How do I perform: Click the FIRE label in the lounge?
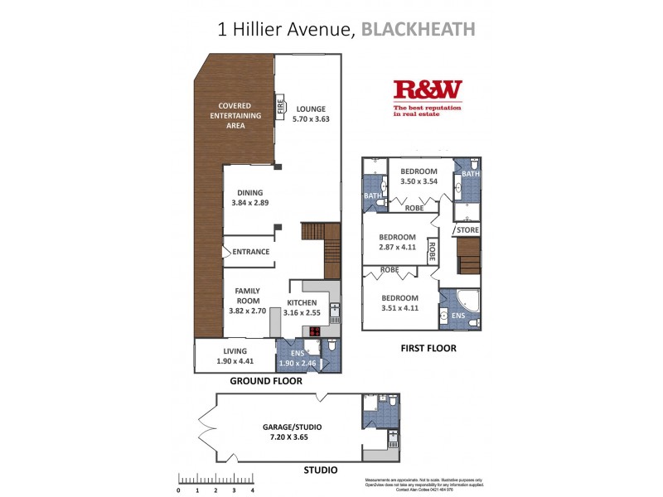[x=280, y=107]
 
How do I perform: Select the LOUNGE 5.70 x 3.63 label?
[x=311, y=114]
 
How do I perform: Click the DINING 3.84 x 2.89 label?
[x=249, y=196]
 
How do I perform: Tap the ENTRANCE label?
[x=251, y=252]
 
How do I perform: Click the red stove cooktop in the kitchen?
[x=315, y=332]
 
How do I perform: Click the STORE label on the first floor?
[x=468, y=229]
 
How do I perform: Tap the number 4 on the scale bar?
[x=251, y=490]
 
